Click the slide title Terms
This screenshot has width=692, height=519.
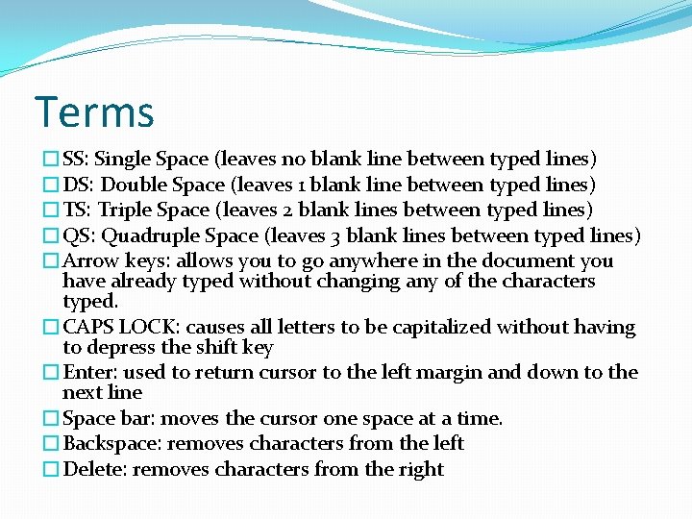(94, 112)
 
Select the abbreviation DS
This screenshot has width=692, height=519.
(77, 185)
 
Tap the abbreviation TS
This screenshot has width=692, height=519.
(76, 210)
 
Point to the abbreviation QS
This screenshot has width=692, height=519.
(77, 235)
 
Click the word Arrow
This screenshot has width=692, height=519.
(88, 260)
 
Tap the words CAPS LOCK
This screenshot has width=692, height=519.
(119, 328)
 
